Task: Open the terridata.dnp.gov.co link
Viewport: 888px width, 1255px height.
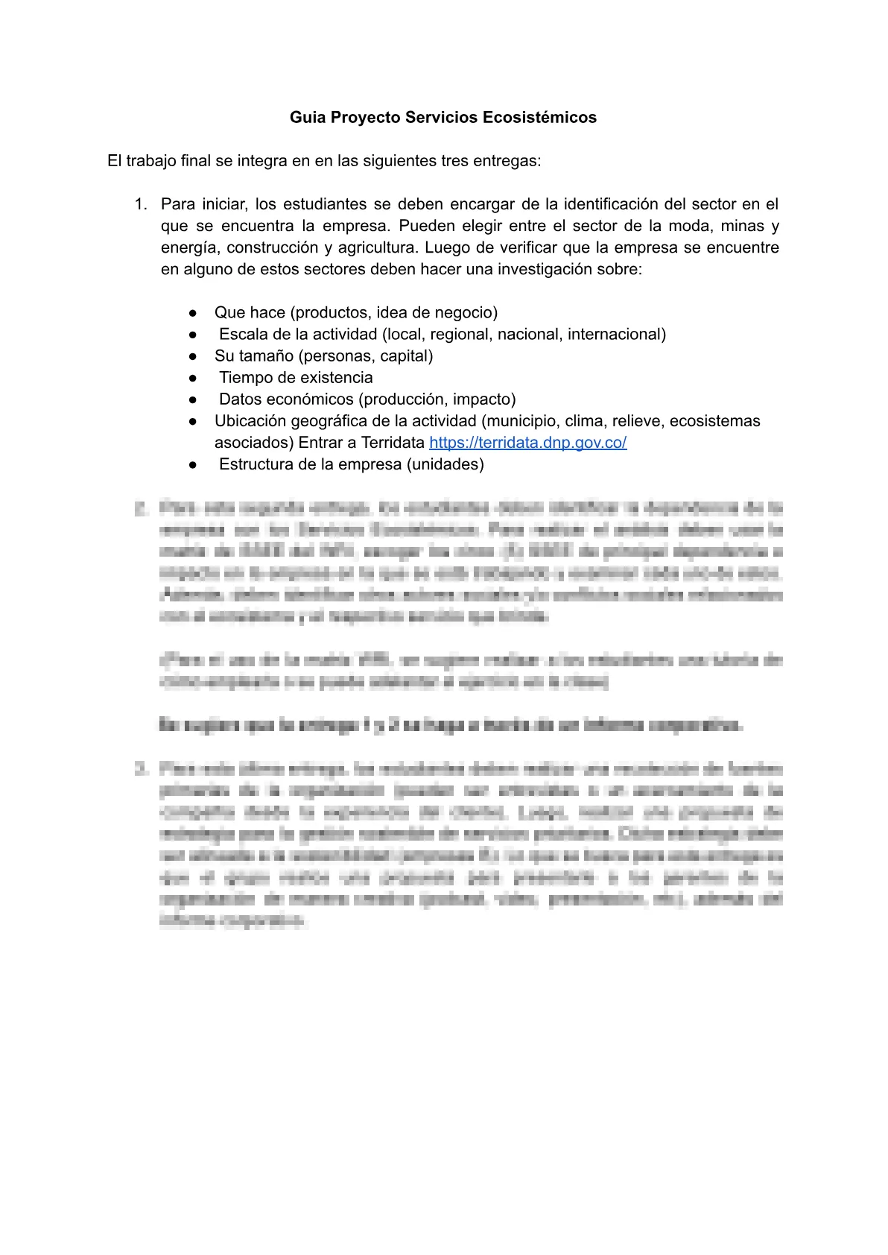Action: [x=527, y=443]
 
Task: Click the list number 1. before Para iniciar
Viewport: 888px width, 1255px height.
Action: [x=141, y=204]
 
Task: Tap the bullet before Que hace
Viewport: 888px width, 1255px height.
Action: [x=193, y=313]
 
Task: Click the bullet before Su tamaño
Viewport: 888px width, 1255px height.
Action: [x=193, y=356]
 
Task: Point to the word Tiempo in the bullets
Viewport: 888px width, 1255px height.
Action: [x=244, y=378]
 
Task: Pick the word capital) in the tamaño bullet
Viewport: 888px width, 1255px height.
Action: [x=407, y=356]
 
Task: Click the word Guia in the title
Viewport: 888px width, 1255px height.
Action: [x=306, y=118]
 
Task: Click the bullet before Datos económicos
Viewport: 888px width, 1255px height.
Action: [x=193, y=399]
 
